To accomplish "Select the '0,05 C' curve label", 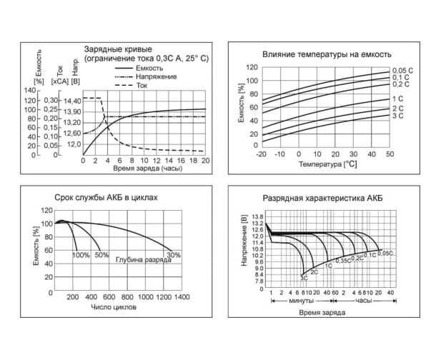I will pos(402,70).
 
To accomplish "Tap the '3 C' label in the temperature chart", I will pos(397,115).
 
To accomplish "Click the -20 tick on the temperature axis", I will pos(261,154).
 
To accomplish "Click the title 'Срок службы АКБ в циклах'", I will pos(106,196).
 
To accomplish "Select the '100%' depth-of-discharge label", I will pos(81,255).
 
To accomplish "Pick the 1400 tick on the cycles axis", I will pos(182,296).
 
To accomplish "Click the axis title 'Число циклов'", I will pos(114,307).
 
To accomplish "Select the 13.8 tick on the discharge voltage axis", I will pos(258,216).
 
